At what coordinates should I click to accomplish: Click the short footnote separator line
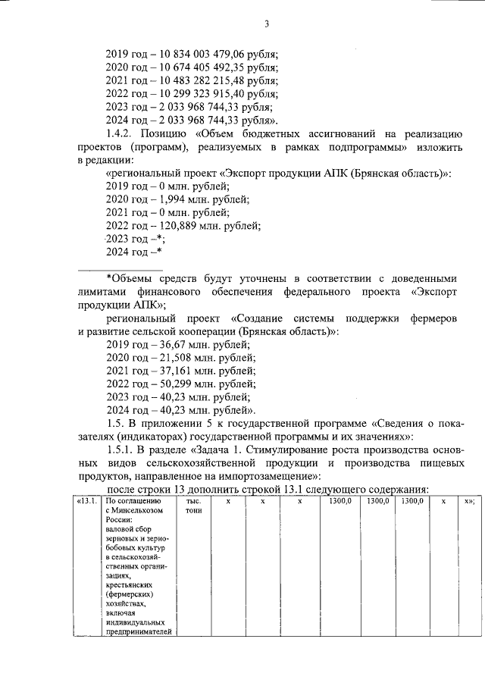(x=120, y=269)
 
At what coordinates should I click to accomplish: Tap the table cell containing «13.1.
(x=86, y=502)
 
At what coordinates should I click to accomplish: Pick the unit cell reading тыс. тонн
(x=194, y=506)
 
